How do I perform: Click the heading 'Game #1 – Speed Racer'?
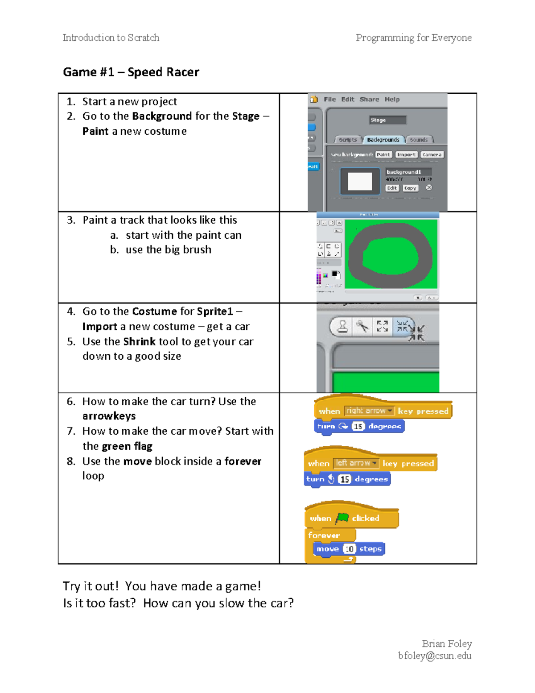pyautogui.click(x=131, y=72)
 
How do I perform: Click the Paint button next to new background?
pyautogui.click(x=383, y=155)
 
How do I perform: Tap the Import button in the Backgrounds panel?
pyautogui.click(x=406, y=155)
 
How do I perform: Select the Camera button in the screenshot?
pyautogui.click(x=432, y=155)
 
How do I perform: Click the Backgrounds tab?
pyautogui.click(x=383, y=140)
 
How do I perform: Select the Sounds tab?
pyautogui.click(x=419, y=140)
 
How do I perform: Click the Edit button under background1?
pyautogui.click(x=391, y=188)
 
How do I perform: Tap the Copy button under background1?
pyautogui.click(x=410, y=188)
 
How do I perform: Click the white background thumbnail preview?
pyautogui.click(x=360, y=182)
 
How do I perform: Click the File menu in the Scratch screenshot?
pyautogui.click(x=329, y=100)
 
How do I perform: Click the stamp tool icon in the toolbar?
pyautogui.click(x=342, y=326)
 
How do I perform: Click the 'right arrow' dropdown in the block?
pyautogui.click(x=370, y=411)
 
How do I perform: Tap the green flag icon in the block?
pyautogui.click(x=342, y=518)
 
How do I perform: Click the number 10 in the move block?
pyautogui.click(x=350, y=549)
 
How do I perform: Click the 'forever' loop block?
pyautogui.click(x=324, y=535)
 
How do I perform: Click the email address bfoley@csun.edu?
pyautogui.click(x=435, y=656)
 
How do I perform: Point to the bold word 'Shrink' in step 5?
pyautogui.click(x=139, y=342)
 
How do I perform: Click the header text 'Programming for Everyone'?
pyautogui.click(x=413, y=38)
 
